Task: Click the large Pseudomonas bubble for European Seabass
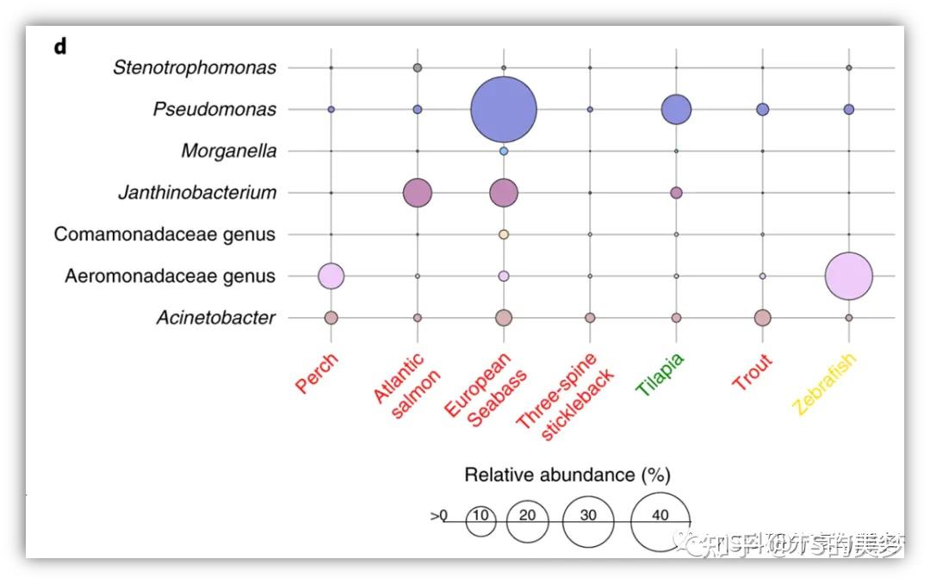pos(504,109)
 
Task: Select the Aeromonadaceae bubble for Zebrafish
pos(849,276)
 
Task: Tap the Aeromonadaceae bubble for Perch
pos(332,276)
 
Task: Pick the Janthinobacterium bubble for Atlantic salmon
pos(418,193)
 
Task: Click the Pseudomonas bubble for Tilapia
pos(677,109)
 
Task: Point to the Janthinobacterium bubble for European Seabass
pos(504,193)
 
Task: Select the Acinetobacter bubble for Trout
pos(762,318)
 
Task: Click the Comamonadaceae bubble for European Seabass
pos(504,234)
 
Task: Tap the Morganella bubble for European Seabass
pos(504,151)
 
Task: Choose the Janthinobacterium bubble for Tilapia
pos(676,193)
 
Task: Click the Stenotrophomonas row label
pos(195,67)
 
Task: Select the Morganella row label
pos(229,152)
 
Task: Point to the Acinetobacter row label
pos(216,318)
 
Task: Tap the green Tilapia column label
pos(660,375)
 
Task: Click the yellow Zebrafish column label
pos(824,384)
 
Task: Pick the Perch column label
pos(317,374)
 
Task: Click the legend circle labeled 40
pos(660,520)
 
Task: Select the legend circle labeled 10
pos(481,521)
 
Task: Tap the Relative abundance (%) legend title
pos(567,475)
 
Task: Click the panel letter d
pos(60,47)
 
